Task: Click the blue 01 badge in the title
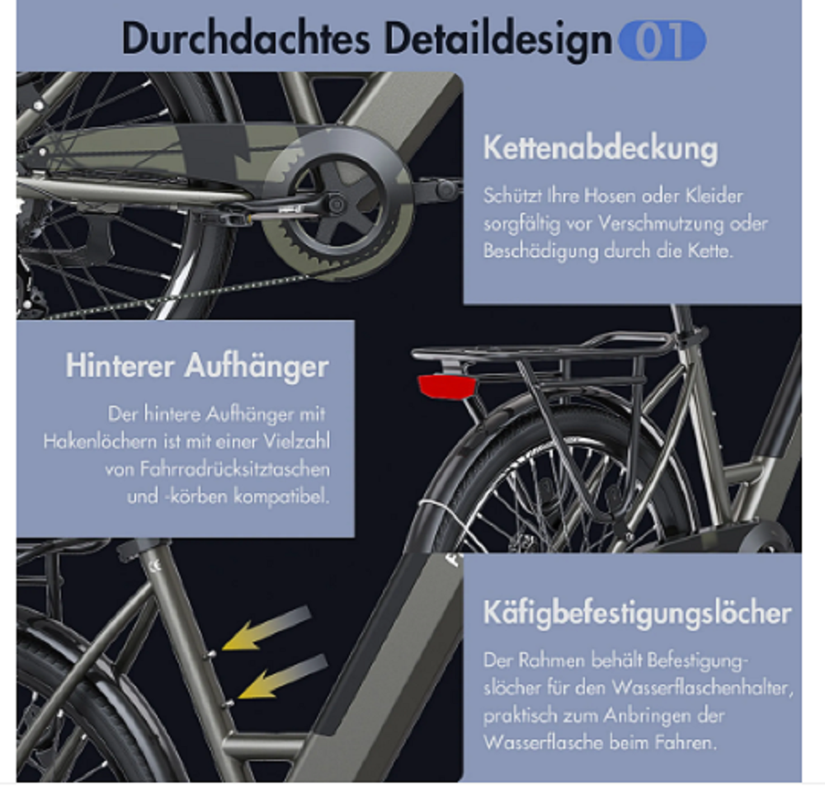[x=662, y=41]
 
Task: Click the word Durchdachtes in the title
[x=246, y=40]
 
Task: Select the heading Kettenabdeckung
[x=601, y=149]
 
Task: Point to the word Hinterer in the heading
[x=120, y=365]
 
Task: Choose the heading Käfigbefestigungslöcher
[x=637, y=614]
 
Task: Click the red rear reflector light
[x=447, y=387]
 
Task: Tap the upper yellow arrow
[x=266, y=628]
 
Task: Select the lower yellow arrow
[x=283, y=677]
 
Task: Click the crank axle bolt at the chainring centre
[x=336, y=205]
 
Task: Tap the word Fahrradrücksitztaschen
[x=234, y=469]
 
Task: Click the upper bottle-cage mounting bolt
[x=211, y=654]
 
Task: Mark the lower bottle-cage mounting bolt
[x=229, y=703]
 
